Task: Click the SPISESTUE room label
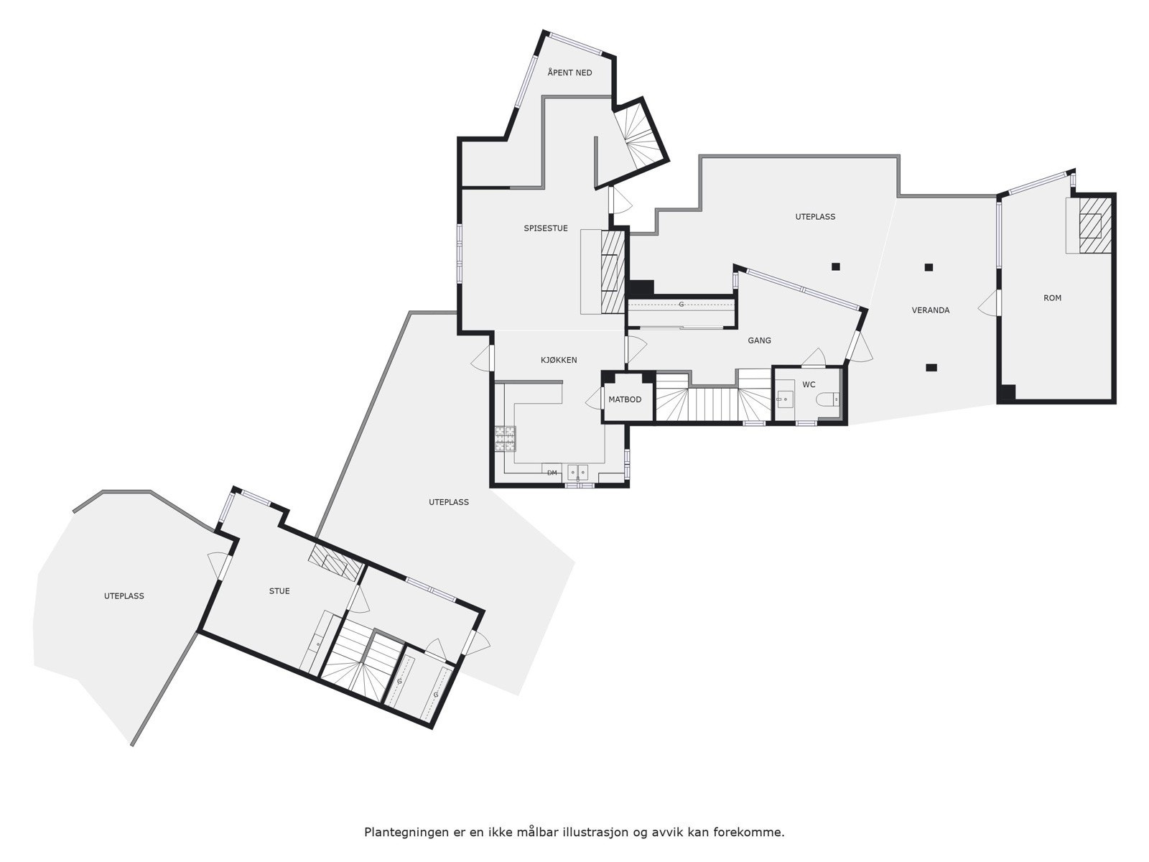(x=546, y=228)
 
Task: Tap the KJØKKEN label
(x=559, y=360)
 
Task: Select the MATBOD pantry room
(x=625, y=399)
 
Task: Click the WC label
(x=809, y=385)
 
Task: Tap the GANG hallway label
(x=759, y=340)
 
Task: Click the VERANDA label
(x=931, y=310)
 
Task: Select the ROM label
(x=1052, y=297)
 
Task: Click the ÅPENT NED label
(x=569, y=73)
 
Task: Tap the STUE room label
(x=279, y=591)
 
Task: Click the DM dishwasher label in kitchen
(x=552, y=473)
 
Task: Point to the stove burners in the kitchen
(x=505, y=438)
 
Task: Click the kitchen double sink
(x=577, y=472)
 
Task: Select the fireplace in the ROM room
(x=1091, y=226)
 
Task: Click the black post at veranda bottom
(x=931, y=367)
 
